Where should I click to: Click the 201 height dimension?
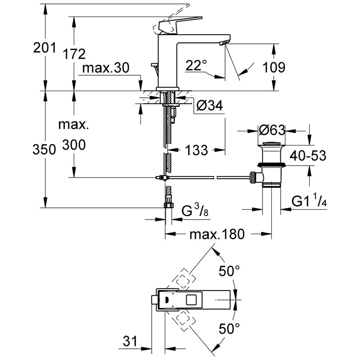tap(45, 47)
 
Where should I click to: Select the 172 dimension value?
tap(74, 54)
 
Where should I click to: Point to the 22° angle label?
tap(197, 65)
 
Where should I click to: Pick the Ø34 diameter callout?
tap(210, 105)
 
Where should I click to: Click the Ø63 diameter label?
tap(272, 130)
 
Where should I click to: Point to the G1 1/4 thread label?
tap(309, 202)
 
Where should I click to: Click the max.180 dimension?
tap(217, 234)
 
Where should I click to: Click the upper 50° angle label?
tap(229, 271)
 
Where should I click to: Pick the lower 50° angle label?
tap(229, 328)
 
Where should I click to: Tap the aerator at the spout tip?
tap(223, 44)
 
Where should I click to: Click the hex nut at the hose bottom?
tap(168, 206)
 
